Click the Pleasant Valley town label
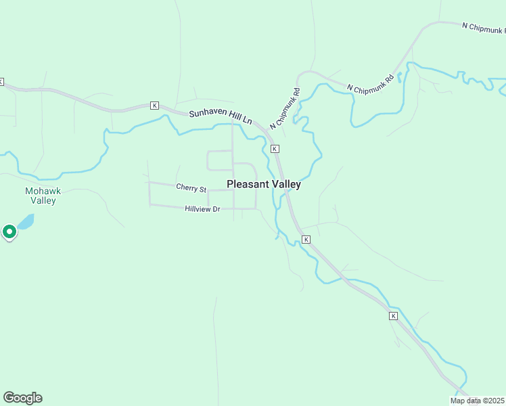(x=264, y=184)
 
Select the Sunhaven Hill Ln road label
(x=220, y=117)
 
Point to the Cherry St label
(x=191, y=187)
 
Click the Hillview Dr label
(x=203, y=210)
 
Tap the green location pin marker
(x=9, y=232)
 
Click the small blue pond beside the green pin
(x=25, y=222)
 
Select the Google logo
(x=22, y=398)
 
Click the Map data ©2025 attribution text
(x=476, y=401)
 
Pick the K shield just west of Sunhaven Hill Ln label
(x=154, y=106)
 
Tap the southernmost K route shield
(x=393, y=316)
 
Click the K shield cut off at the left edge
(x=1, y=82)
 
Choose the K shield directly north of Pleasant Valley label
(x=275, y=148)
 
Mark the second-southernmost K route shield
(x=306, y=240)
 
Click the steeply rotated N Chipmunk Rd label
(x=285, y=109)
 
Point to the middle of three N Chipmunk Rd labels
(x=370, y=84)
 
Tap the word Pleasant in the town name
(x=247, y=184)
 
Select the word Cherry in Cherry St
(x=187, y=187)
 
